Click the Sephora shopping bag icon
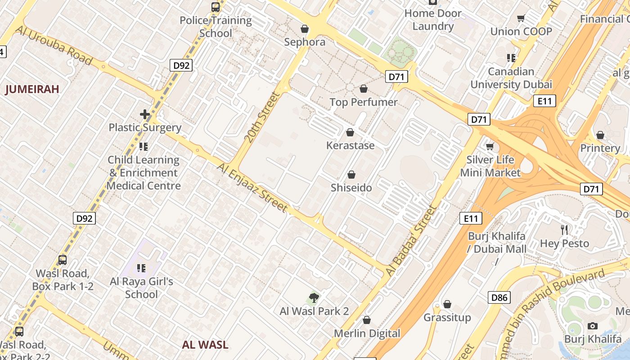(x=305, y=29)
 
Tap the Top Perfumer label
(x=363, y=102)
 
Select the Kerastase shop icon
(x=350, y=132)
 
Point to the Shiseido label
(x=351, y=188)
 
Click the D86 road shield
(x=499, y=297)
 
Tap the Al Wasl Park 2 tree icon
(x=314, y=297)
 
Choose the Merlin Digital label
(x=367, y=333)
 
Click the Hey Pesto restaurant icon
(x=564, y=230)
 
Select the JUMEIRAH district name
(x=32, y=89)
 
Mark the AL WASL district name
(x=205, y=345)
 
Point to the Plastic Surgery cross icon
(x=145, y=114)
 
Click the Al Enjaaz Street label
(x=252, y=187)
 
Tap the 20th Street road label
(x=262, y=117)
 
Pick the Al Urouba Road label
(x=54, y=45)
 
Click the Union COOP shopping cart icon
(x=521, y=18)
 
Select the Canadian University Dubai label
(x=511, y=78)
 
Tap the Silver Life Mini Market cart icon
(x=490, y=146)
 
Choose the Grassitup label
(x=447, y=318)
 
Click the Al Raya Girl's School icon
(x=141, y=269)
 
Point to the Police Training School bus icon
(x=216, y=7)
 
